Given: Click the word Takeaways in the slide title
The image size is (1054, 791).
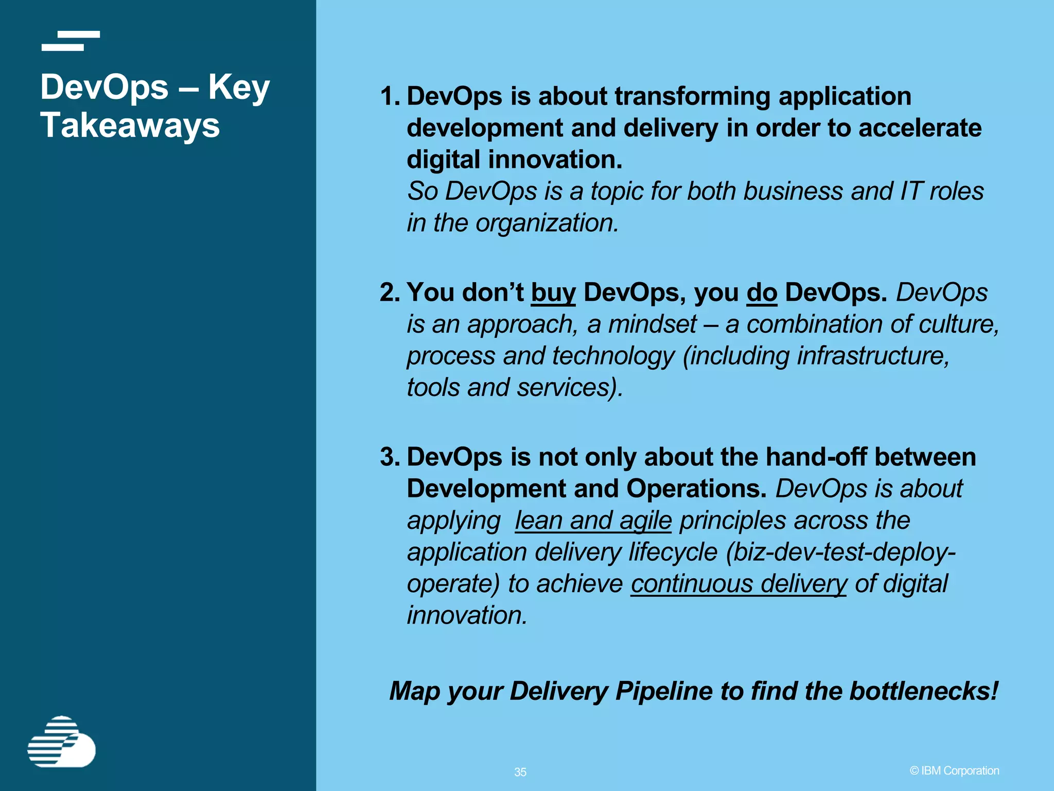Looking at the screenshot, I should tap(130, 125).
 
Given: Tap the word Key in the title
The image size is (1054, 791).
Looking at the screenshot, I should tap(239, 88).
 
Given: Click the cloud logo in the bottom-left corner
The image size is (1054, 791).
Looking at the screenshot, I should tap(61, 742).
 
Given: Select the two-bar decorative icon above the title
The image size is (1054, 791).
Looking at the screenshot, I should tap(71, 41).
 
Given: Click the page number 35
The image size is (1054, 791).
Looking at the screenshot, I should tap(520, 772).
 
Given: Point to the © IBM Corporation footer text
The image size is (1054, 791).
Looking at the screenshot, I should tap(954, 770).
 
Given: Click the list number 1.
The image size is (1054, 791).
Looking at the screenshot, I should tap(390, 96).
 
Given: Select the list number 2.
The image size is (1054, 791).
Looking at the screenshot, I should tap(390, 293).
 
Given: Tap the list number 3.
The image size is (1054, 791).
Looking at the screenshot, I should tap(390, 457).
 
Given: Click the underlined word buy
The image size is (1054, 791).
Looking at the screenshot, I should tap(553, 293).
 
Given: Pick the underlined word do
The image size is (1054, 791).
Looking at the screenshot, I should tap(762, 293).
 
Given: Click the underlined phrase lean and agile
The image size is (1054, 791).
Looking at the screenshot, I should tap(593, 520).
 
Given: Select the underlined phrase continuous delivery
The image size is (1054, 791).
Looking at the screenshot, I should tap(739, 583).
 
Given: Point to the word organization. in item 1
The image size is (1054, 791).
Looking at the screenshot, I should tap(547, 223).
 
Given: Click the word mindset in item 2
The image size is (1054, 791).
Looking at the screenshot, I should tap(653, 324).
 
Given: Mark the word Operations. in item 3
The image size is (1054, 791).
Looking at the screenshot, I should tap(696, 489).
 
